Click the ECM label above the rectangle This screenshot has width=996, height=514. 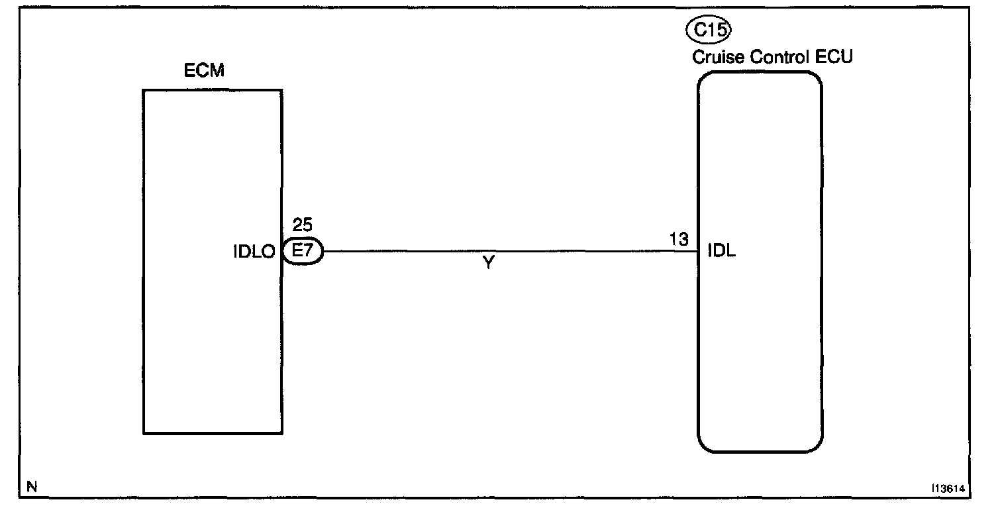(204, 72)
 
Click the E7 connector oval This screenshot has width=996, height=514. (303, 252)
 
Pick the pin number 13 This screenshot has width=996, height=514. (679, 238)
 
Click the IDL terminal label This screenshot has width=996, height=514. (722, 252)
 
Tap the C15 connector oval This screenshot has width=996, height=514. (708, 30)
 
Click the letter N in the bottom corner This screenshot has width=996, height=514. (31, 487)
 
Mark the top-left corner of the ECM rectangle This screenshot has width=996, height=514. (144, 90)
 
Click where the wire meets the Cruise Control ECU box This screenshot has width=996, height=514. (699, 252)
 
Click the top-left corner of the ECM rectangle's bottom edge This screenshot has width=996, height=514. (144, 433)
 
